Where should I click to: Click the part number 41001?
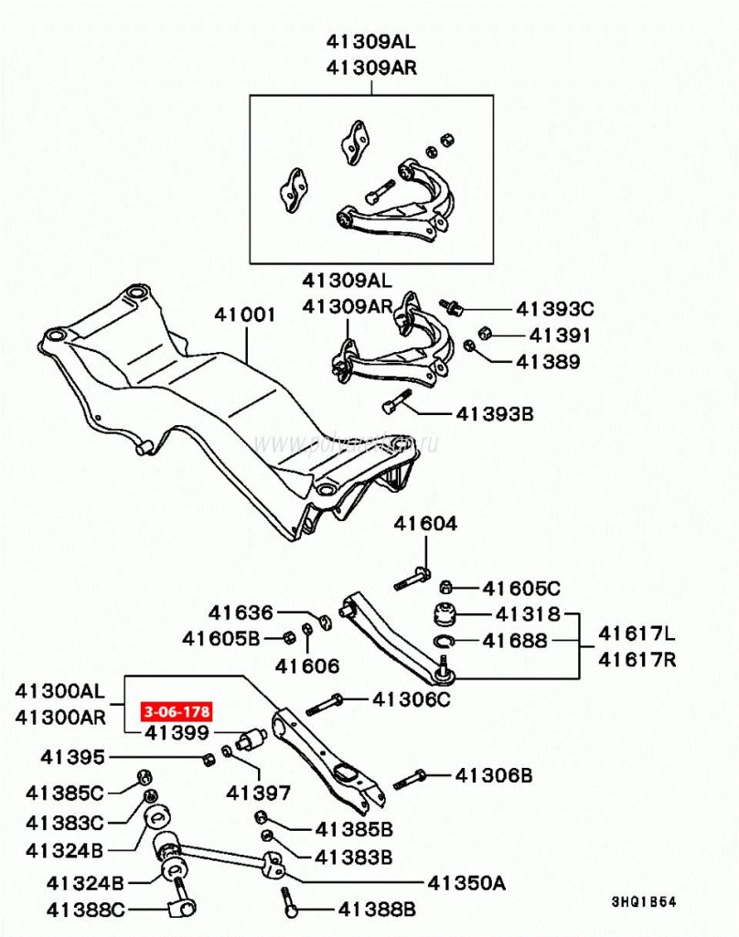pyautogui.click(x=245, y=314)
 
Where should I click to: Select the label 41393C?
pyautogui.click(x=555, y=309)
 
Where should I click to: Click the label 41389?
pyautogui.click(x=548, y=362)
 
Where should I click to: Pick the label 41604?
pyautogui.click(x=426, y=524)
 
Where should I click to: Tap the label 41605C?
pyautogui.click(x=521, y=588)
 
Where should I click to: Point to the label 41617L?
pyautogui.click(x=637, y=633)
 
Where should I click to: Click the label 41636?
pyautogui.click(x=241, y=612)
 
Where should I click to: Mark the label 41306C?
pyautogui.click(x=412, y=700)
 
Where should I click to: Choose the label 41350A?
pyautogui.click(x=466, y=883)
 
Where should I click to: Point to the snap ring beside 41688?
pyautogui.click(x=443, y=642)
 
